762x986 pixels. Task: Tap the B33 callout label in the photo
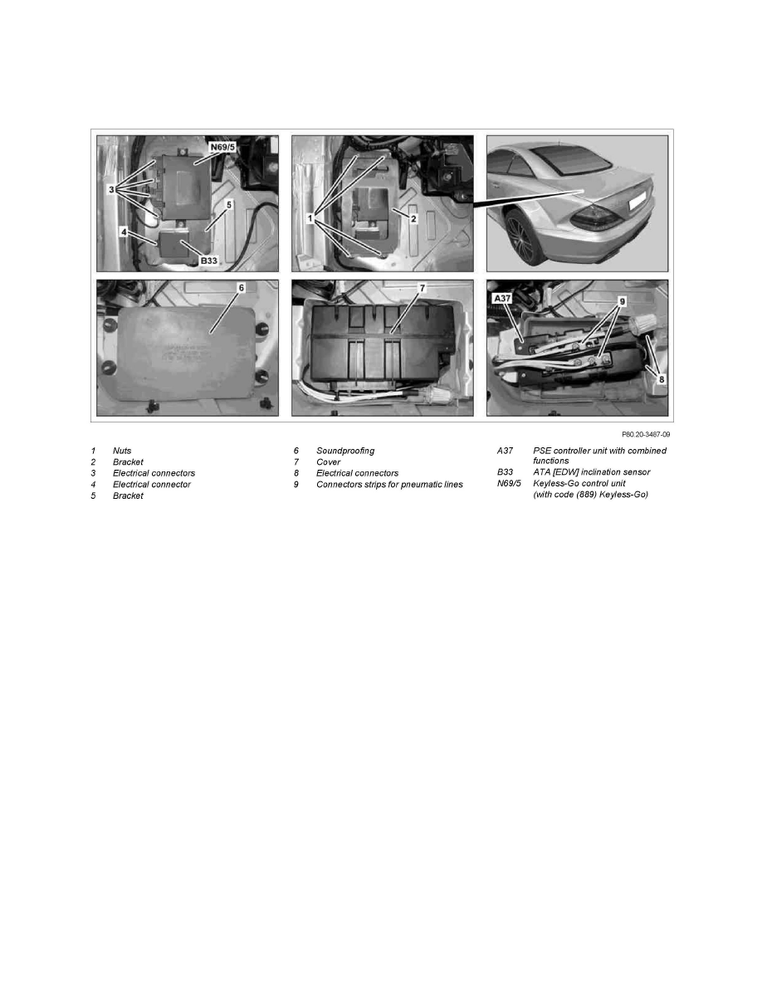[208, 261]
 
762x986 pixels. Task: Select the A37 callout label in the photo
[502, 298]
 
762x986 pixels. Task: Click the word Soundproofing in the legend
[345, 451]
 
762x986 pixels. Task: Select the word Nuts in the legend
[122, 451]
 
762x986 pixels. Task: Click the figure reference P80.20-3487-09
[646, 435]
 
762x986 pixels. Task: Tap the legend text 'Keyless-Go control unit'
[579, 484]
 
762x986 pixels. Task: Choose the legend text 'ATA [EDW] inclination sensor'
[592, 472]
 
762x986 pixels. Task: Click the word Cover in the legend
[328, 462]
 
